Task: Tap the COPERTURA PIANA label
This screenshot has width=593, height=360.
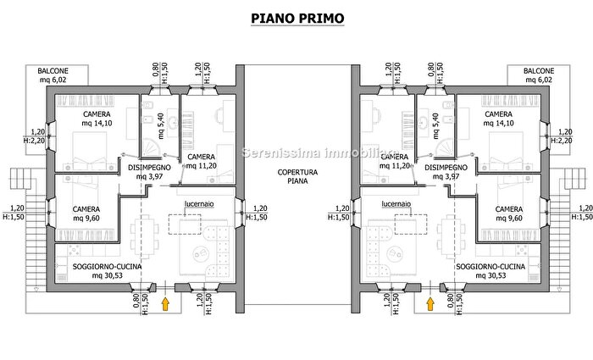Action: (296, 176)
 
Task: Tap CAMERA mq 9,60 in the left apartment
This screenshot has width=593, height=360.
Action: (86, 213)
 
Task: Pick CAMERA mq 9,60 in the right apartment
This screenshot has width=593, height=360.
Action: (508, 213)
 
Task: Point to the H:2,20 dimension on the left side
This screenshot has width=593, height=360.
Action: (37, 141)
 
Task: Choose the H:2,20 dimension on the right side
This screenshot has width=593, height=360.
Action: (561, 141)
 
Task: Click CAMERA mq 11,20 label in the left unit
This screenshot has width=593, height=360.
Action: (201, 162)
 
